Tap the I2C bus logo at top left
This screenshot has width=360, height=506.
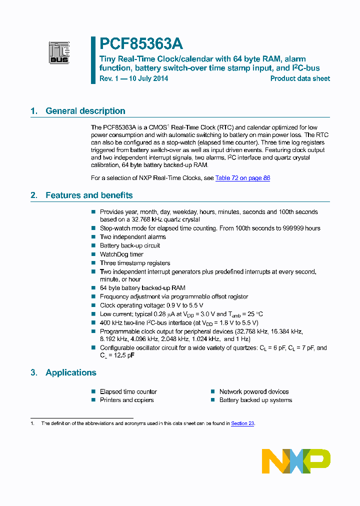pos(59,52)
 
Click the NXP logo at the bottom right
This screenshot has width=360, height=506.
pos(296,460)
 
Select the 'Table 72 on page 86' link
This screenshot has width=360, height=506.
pos(242,178)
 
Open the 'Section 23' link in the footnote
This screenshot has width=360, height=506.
pos(242,423)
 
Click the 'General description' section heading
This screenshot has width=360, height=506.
pos(85,111)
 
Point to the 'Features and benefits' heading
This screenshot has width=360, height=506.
pos(89,195)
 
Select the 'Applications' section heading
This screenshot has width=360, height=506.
pos(70,372)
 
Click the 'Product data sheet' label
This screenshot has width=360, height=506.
pos(300,78)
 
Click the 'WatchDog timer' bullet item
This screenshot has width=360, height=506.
pos(121,254)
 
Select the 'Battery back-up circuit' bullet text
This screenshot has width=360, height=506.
pos(130,245)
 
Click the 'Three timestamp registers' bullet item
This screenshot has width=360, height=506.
pos(135,263)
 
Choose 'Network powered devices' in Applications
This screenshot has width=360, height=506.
pos(253,391)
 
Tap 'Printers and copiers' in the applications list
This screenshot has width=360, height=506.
pos(126,400)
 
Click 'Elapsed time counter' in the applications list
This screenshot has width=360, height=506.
pos(128,391)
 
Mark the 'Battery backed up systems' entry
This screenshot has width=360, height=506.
pos(255,400)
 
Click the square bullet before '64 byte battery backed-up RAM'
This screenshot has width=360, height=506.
pos(93,288)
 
